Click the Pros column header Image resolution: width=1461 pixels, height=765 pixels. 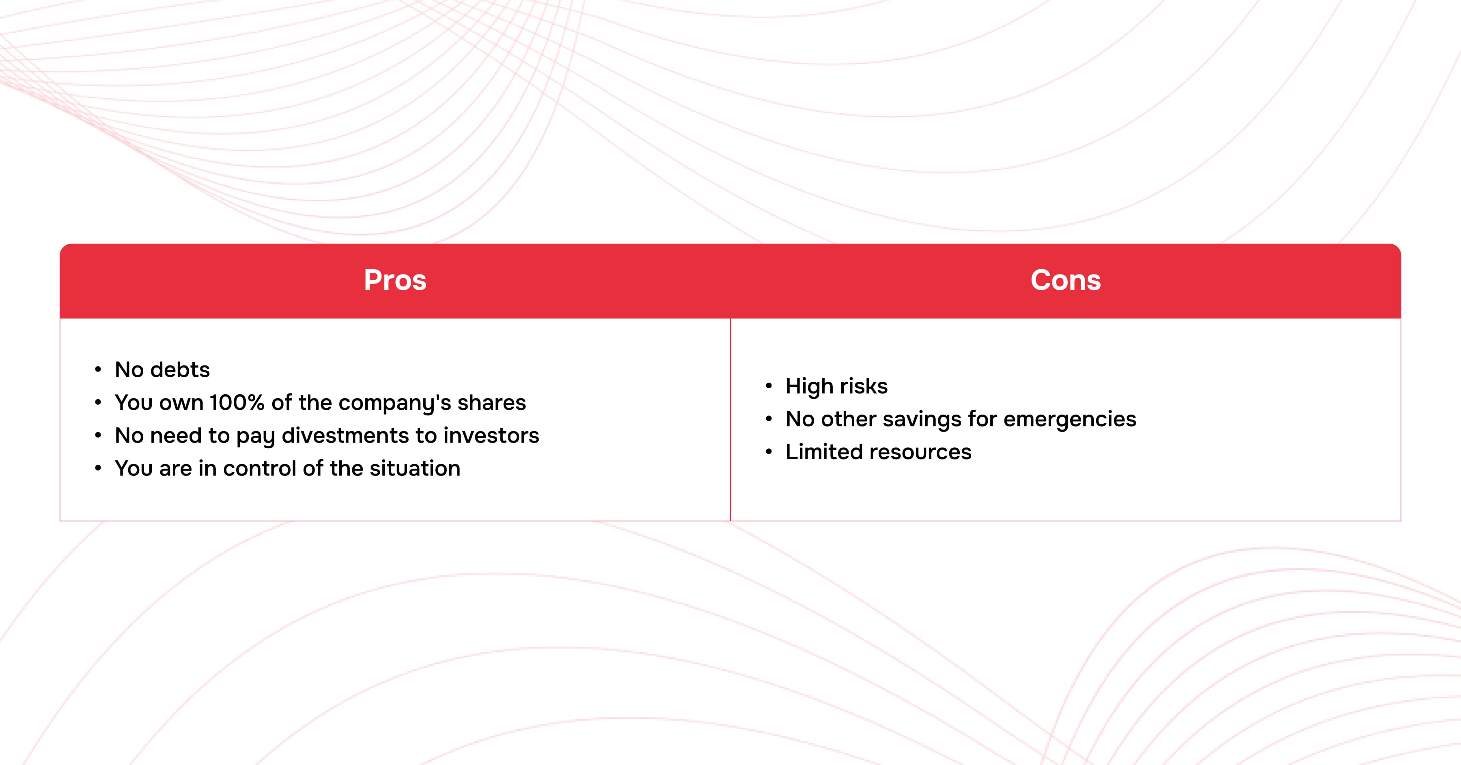point(395,280)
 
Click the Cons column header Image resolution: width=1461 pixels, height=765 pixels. point(1066,280)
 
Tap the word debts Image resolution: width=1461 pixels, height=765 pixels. point(180,370)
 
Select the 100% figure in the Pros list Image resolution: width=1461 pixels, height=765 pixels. point(237,402)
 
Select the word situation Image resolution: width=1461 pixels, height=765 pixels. point(415,468)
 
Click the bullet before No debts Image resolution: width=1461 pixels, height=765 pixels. point(98,370)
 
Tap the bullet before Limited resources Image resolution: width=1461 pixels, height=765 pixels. point(769,452)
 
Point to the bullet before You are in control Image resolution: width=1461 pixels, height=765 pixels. point(98,469)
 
